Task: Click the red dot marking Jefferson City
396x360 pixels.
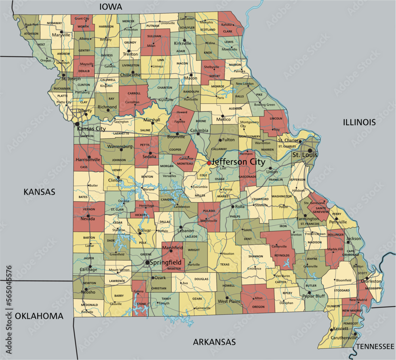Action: tap(209, 163)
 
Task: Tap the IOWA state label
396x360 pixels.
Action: tap(111, 7)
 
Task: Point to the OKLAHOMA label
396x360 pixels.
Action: tap(39, 316)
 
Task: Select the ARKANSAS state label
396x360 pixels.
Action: tap(214, 342)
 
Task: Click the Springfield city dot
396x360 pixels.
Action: tap(147, 262)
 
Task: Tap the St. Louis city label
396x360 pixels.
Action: tap(305, 155)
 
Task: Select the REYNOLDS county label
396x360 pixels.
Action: tap(282, 256)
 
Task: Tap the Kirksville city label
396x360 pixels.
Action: tap(183, 43)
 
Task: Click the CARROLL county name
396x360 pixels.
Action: tap(135, 94)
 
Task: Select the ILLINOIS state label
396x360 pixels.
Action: tap(359, 122)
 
